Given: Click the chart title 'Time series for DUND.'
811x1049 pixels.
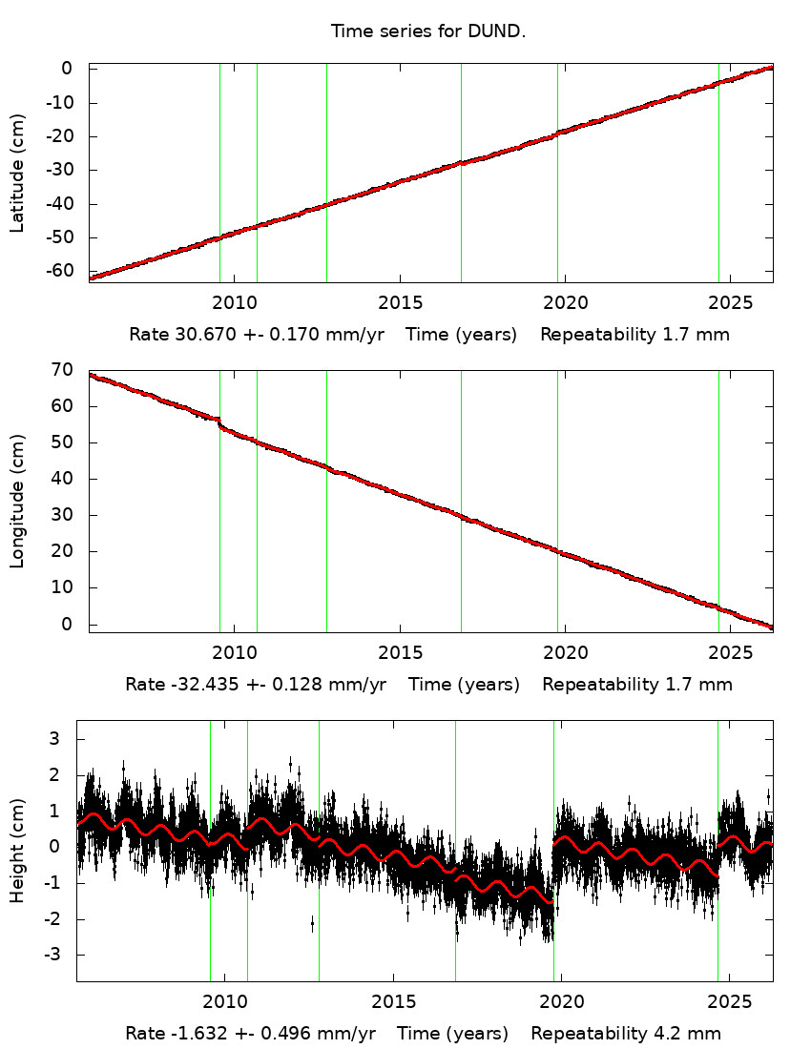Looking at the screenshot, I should click(428, 31).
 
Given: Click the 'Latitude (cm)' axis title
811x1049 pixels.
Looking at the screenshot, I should click(17, 173).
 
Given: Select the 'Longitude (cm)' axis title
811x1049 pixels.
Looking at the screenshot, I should click(17, 502).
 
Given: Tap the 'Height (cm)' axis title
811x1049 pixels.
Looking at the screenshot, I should click(17, 850).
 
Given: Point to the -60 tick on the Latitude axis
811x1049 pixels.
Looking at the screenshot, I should click(63, 271).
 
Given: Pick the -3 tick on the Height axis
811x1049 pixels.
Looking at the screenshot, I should click(54, 955).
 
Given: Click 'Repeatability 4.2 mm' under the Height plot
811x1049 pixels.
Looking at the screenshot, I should click(626, 1034).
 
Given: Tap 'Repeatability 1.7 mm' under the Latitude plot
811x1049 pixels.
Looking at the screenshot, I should click(635, 336).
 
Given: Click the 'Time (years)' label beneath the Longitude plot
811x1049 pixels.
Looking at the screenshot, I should click(464, 685).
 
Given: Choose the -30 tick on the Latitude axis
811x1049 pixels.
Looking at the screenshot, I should click(63, 170).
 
